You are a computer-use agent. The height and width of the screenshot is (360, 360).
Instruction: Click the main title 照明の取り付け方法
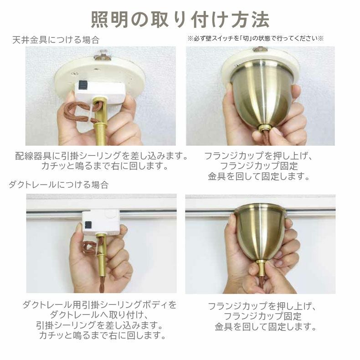[x=180, y=19]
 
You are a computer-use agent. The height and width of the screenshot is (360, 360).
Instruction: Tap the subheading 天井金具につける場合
[x=56, y=40]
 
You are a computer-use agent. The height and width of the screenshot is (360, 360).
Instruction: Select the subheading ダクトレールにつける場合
[x=58, y=185]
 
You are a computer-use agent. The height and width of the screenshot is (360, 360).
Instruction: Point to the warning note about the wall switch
[x=255, y=38]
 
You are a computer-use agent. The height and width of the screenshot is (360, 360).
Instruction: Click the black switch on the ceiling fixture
[x=83, y=85]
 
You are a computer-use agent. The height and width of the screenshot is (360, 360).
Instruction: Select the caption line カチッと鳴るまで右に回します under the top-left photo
[x=105, y=166]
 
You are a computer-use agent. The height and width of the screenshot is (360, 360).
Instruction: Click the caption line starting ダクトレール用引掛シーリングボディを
[x=99, y=304]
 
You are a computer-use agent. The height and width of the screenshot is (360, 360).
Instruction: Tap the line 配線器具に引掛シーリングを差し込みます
[x=101, y=156]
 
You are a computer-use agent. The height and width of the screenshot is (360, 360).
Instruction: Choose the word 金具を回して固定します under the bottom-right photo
[x=265, y=326]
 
